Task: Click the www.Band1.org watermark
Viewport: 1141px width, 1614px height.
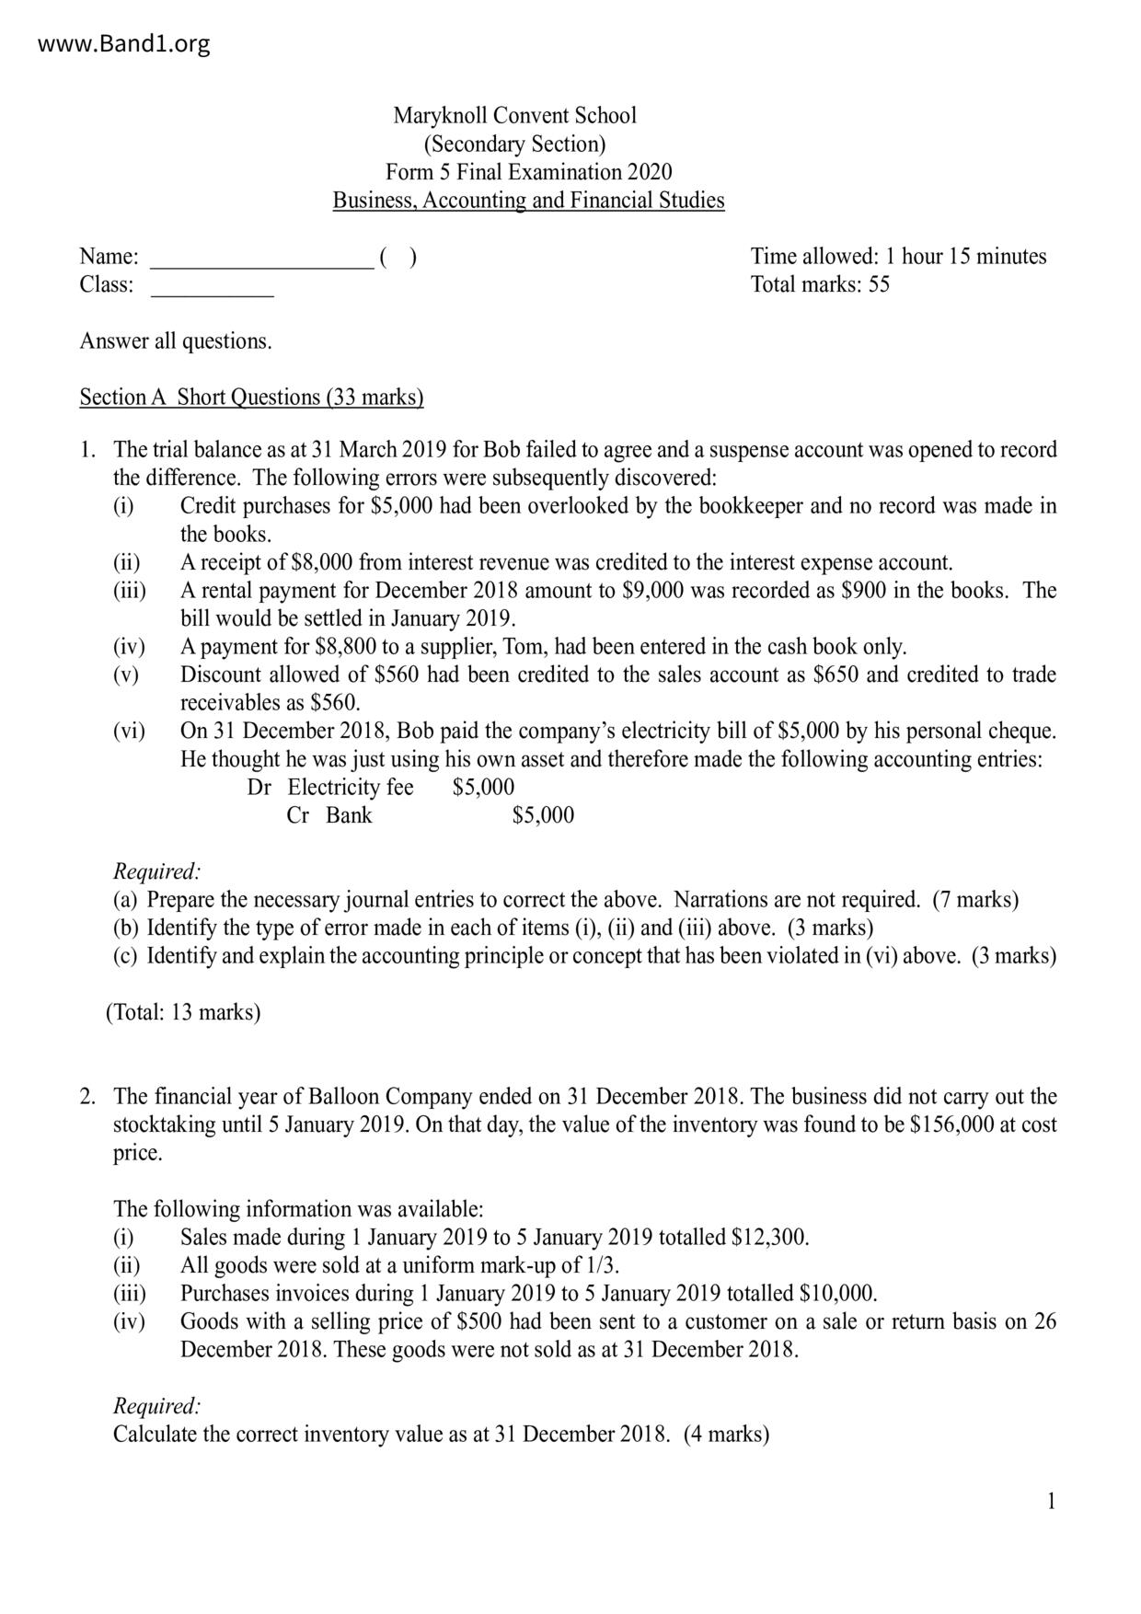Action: coord(124,43)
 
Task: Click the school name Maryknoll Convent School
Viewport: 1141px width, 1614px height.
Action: coord(514,116)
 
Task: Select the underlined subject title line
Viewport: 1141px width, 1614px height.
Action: coord(528,201)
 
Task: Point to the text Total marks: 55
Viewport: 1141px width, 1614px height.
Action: coord(820,284)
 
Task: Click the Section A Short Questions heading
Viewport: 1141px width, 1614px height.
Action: coord(251,398)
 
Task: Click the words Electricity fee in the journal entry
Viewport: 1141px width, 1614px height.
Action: coord(351,788)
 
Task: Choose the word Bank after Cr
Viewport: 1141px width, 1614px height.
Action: coord(349,815)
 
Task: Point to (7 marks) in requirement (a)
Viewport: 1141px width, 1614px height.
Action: coord(975,900)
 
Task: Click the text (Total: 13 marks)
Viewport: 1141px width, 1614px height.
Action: coord(183,1013)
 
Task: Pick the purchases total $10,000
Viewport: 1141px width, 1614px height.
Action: coord(837,1294)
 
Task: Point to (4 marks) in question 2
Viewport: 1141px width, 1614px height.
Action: coord(726,1435)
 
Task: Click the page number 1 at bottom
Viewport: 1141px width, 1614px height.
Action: coord(1051,1503)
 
